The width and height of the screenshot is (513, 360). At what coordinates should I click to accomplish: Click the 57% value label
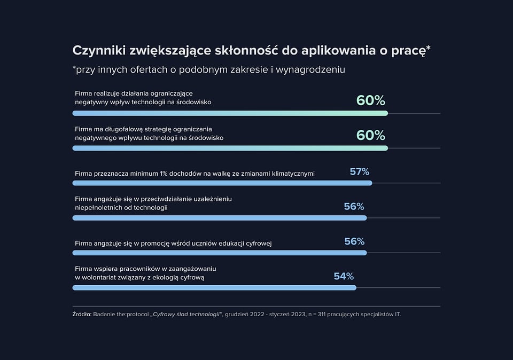click(359, 171)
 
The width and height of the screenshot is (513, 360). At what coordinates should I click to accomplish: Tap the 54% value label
click(344, 276)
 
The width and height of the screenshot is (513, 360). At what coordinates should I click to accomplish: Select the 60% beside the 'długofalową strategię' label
click(370, 135)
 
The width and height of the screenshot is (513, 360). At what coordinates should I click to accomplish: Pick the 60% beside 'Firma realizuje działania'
click(370, 100)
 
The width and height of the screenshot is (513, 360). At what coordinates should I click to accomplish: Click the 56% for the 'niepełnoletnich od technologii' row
click(354, 206)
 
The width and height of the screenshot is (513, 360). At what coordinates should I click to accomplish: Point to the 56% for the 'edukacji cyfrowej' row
click(354, 241)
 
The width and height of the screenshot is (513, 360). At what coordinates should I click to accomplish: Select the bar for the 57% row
click(222, 183)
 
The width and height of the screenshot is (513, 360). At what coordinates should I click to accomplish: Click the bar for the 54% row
click(214, 288)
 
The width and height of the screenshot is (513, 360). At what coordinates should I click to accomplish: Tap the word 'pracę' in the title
click(410, 50)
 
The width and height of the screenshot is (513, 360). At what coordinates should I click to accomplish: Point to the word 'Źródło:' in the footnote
click(82, 314)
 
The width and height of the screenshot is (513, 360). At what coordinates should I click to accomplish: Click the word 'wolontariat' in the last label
click(100, 278)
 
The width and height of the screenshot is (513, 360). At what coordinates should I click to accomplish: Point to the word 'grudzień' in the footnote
click(238, 314)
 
